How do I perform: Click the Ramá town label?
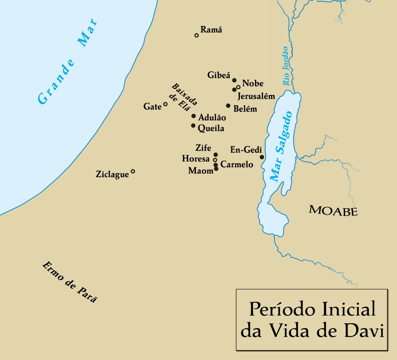click(211, 30)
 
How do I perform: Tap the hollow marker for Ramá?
click(197, 35)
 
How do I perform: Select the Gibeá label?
click(219, 76)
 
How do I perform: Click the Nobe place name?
click(253, 83)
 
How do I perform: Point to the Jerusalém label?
click(256, 96)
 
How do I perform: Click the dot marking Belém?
click(228, 106)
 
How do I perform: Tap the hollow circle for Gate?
click(165, 104)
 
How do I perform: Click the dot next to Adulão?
click(194, 116)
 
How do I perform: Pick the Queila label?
click(211, 129)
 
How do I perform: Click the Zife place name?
click(203, 148)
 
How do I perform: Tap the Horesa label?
click(196, 159)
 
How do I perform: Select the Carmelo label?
click(237, 165)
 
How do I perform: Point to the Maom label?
click(201, 171)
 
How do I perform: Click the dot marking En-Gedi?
click(262, 157)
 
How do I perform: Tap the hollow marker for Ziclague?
click(133, 171)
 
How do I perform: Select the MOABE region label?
click(333, 211)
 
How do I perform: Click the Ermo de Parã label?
click(70, 282)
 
